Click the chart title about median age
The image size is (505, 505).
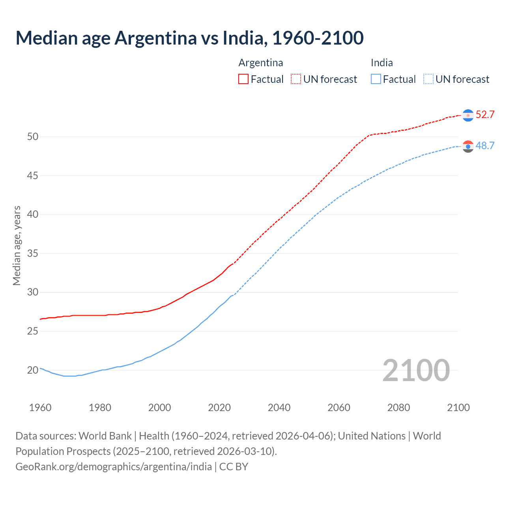coord(189,38)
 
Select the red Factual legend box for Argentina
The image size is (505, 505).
coord(243,79)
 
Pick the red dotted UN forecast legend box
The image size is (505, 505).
coord(296,79)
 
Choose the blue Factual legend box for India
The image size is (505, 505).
coord(376,79)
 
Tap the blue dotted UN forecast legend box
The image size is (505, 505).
coord(428,79)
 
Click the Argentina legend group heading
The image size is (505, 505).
coord(260,63)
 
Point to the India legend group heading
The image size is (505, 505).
coord(382,63)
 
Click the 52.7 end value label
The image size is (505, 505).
coord(485,115)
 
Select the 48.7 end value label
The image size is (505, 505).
coord(485,146)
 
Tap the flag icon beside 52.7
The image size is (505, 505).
coord(468,115)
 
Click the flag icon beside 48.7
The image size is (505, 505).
coord(468,146)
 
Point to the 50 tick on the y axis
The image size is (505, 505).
coord(33,137)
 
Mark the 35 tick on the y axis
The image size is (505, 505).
coord(33,253)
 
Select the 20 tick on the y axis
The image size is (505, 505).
coord(33,370)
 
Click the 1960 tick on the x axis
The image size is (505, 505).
coord(40,408)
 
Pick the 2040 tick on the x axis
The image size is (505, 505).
coord(279,408)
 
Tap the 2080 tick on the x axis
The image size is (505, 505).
coord(398,408)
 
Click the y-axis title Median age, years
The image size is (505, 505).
coord(17,245)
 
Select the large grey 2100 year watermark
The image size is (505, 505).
coord(416,370)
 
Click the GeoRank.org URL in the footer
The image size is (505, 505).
coord(114,467)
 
